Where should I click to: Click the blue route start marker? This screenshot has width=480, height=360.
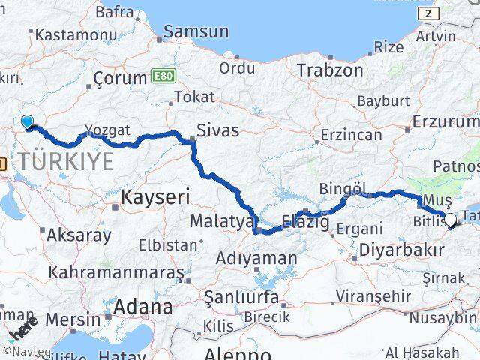pyautogui.click(x=28, y=121)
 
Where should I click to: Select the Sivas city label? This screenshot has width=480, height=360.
pyautogui.click(x=217, y=130)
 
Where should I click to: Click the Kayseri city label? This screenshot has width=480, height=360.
pyautogui.click(x=155, y=197)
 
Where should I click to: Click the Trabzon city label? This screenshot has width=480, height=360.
pyautogui.click(x=330, y=70)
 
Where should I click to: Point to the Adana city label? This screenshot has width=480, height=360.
pyautogui.click(x=142, y=306)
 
